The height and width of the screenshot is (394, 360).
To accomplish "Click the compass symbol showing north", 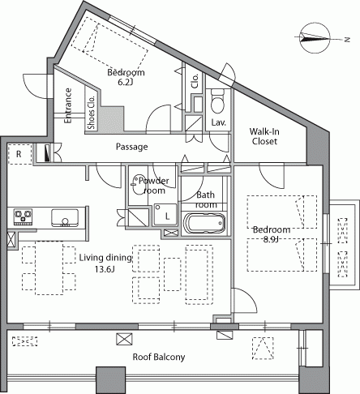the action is [x=315, y=38].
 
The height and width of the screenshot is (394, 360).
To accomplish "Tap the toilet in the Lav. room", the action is [x=217, y=101].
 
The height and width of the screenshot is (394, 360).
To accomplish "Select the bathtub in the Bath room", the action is [x=204, y=223].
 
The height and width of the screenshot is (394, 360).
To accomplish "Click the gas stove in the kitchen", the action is [x=24, y=216].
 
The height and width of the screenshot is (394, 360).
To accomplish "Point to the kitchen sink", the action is [x=65, y=217].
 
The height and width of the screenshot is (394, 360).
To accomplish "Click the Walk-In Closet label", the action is [x=264, y=136].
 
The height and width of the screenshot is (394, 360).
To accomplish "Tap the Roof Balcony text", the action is [x=159, y=357].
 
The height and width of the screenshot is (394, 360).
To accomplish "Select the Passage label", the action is [x=131, y=147].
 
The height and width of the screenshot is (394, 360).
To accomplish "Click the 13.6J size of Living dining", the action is [x=105, y=269].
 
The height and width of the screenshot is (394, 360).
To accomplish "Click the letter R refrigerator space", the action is [x=19, y=154].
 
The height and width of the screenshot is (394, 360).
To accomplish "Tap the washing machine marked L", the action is [x=165, y=215].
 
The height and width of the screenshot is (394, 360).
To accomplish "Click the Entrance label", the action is [x=68, y=105].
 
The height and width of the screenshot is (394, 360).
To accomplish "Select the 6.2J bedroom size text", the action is [x=126, y=82].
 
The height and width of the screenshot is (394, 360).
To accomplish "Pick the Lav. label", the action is [x=218, y=122].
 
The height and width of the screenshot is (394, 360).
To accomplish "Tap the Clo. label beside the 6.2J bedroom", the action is [x=195, y=81].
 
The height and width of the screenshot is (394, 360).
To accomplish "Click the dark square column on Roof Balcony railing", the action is [x=111, y=379].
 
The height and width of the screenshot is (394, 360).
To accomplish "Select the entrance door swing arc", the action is [x=31, y=88].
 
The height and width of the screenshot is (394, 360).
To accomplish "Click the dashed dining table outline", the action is [x=49, y=268].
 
